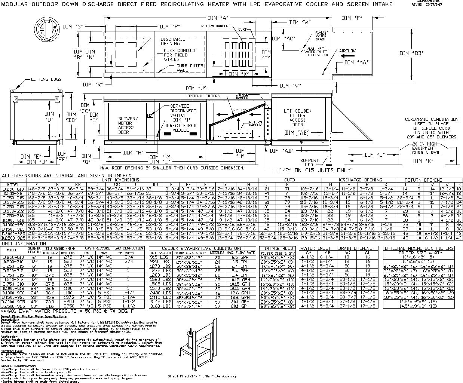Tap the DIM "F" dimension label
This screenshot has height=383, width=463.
click(352, 18)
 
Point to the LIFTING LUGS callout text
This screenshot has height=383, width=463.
click(46, 80)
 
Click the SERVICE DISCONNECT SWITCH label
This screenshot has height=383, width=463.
click(183, 111)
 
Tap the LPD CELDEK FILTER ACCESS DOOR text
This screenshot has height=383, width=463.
click(297, 118)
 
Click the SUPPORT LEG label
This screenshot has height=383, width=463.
click(310, 163)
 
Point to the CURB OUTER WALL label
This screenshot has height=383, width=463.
click(190, 68)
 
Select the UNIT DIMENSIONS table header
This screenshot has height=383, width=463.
click(118, 180)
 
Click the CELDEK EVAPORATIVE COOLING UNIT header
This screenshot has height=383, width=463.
click(202, 248)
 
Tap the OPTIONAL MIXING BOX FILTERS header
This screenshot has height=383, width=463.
click(419, 248)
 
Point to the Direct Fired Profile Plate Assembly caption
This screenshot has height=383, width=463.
click(202, 376)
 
